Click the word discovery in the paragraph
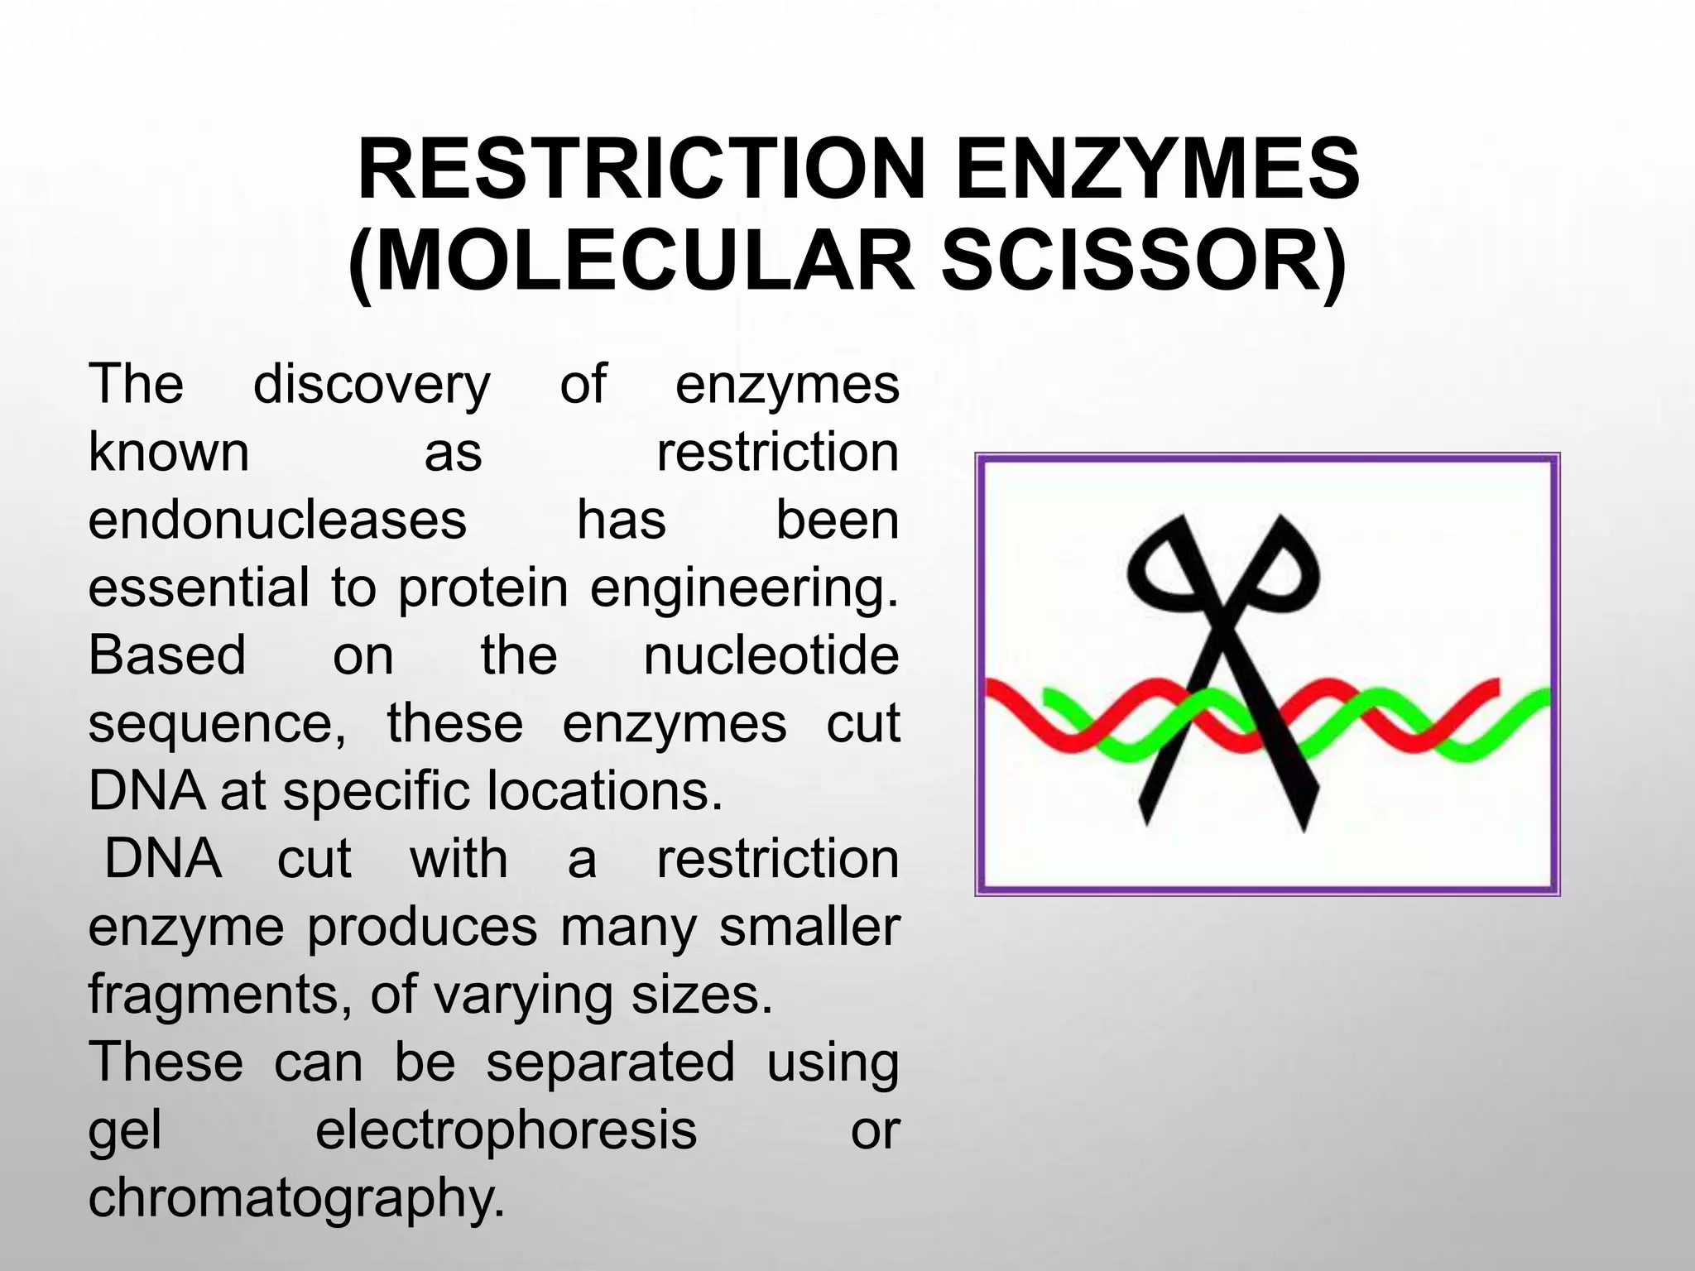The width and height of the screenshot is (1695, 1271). (372, 385)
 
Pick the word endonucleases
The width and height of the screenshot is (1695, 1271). (277, 520)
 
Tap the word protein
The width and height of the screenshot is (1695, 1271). (483, 588)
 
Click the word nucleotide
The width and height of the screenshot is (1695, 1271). (771, 655)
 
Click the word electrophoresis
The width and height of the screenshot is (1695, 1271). (506, 1130)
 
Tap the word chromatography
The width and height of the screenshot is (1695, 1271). (295, 1199)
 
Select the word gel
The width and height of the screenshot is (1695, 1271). (125, 1131)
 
